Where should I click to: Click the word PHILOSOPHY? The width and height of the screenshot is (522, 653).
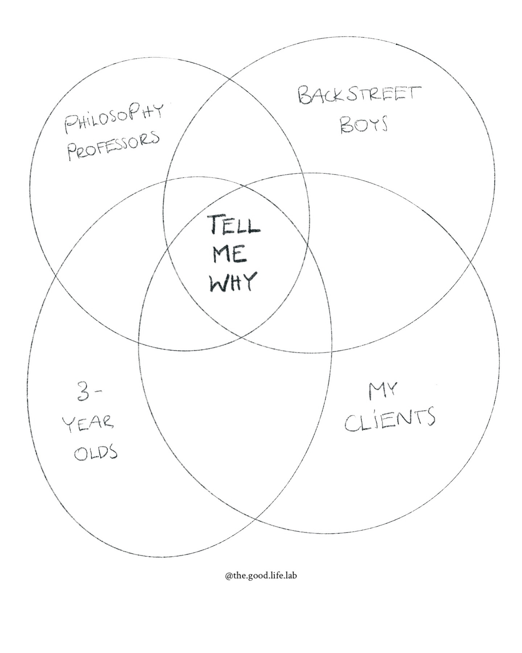click(114, 117)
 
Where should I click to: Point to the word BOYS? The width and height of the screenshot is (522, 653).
click(364, 124)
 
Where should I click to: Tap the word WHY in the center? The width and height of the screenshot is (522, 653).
click(233, 282)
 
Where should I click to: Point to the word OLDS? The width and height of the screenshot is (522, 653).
click(96, 452)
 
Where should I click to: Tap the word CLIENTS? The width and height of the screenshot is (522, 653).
click(390, 420)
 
